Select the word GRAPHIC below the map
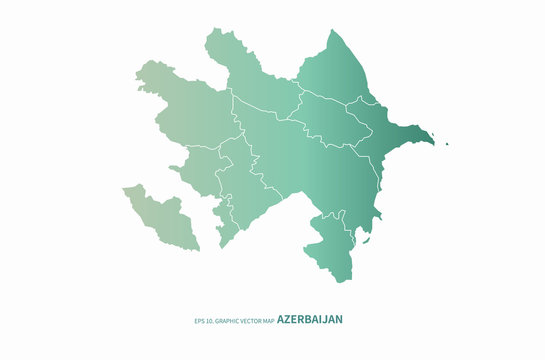[227, 321]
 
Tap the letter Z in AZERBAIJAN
[289, 320]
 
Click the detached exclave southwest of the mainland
[160, 215]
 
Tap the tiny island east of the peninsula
[447, 144]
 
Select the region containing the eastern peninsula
[400, 140]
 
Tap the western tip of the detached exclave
[124, 188]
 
